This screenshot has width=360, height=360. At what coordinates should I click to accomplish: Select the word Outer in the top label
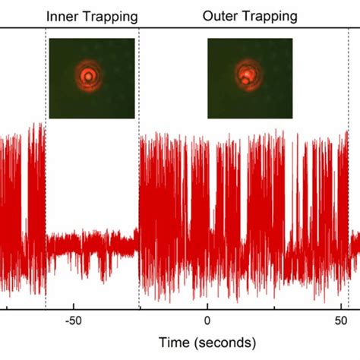point(218,16)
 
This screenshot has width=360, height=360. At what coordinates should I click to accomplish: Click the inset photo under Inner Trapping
point(92,78)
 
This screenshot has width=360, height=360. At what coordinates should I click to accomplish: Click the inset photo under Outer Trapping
point(251,78)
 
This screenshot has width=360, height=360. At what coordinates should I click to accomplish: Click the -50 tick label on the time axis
point(73,321)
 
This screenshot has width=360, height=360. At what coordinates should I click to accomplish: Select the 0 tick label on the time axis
point(207,321)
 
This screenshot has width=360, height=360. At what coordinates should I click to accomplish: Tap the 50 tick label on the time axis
point(342,321)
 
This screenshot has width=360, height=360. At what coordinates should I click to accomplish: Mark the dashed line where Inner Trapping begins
point(46,190)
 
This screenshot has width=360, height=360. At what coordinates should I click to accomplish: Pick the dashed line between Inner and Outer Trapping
point(139,190)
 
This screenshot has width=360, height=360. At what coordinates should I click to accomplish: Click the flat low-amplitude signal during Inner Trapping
point(91,245)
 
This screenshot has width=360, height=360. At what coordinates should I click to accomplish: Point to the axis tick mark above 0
point(207,305)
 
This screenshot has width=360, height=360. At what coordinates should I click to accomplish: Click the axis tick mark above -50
point(74,305)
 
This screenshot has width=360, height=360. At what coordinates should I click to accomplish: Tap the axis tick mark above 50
point(342,305)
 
